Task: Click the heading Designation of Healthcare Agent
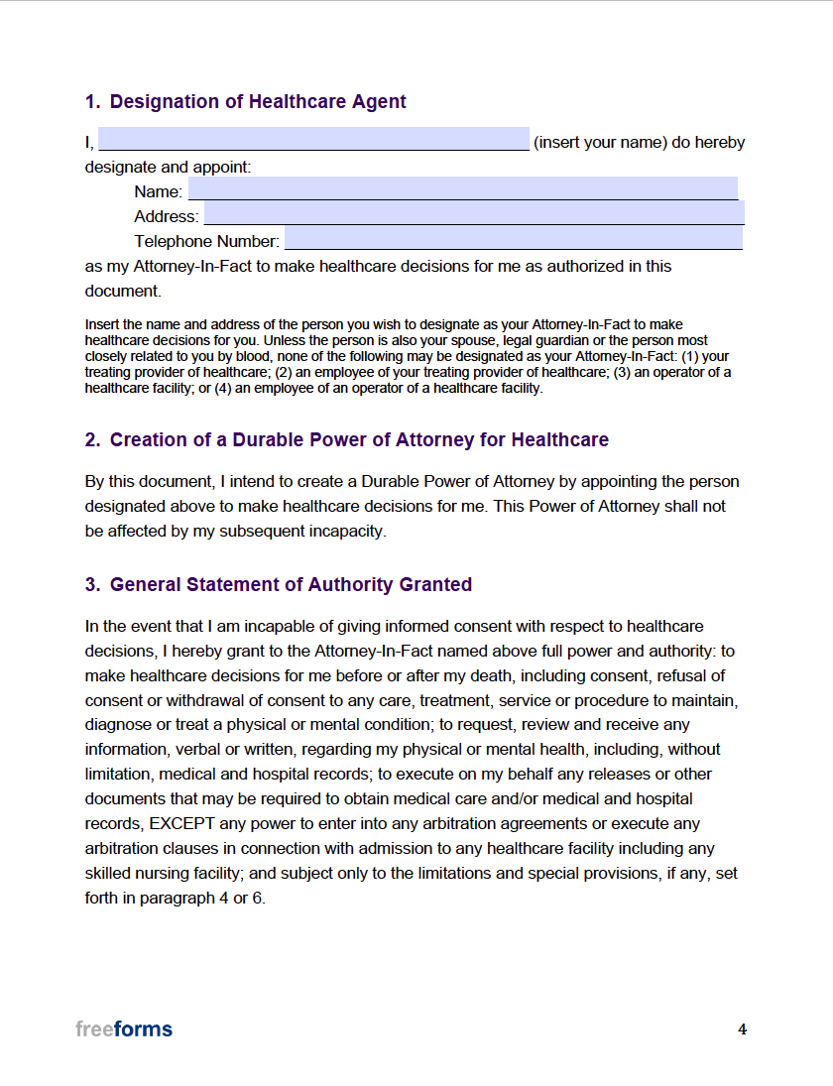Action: point(258,101)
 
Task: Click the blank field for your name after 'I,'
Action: point(313,139)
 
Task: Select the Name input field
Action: point(462,188)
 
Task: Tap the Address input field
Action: point(473,213)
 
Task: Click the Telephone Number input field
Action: point(513,238)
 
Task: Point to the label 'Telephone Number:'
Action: point(206,241)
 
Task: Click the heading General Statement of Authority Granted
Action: point(291,584)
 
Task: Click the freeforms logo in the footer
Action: point(124,1028)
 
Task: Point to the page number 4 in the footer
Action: point(742,1029)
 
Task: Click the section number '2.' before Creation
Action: point(92,439)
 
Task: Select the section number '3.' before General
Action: point(92,584)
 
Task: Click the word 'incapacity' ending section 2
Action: point(348,531)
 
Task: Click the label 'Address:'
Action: point(166,216)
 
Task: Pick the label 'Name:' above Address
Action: point(158,191)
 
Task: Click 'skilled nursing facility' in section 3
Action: point(164,874)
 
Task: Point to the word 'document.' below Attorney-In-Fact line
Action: point(122,291)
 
